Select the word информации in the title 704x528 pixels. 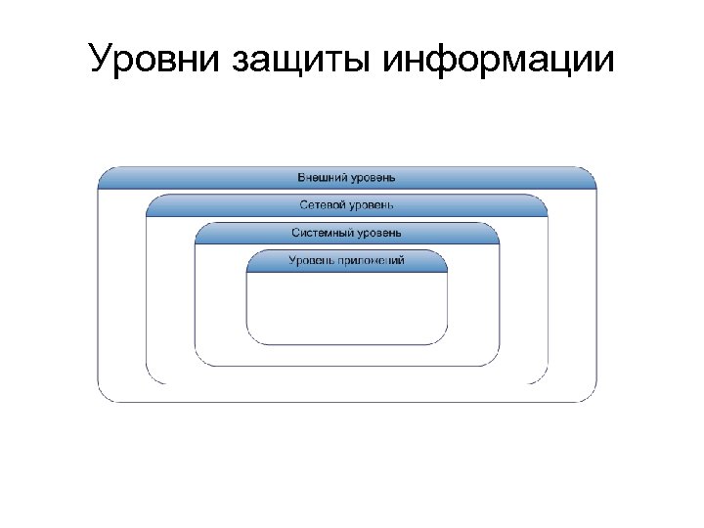click(x=500, y=60)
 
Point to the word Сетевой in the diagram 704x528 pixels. click(x=323, y=205)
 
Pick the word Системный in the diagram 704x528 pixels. click(x=319, y=233)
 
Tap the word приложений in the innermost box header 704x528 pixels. click(x=371, y=260)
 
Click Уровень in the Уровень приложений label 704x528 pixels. click(x=312, y=260)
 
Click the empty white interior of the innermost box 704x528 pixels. click(x=346, y=307)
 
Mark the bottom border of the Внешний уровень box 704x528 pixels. click(x=346, y=401)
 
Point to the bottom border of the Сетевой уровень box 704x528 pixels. click(x=346, y=383)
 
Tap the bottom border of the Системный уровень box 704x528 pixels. click(x=346, y=365)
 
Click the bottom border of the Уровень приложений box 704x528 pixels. click(x=346, y=344)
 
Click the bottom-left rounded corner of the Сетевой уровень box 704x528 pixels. click(x=150, y=379)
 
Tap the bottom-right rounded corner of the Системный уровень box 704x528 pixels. click(x=495, y=361)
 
